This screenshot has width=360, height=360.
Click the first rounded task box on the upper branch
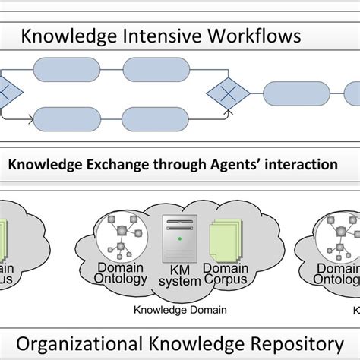[68, 75]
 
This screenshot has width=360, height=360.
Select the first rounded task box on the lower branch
[68, 118]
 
